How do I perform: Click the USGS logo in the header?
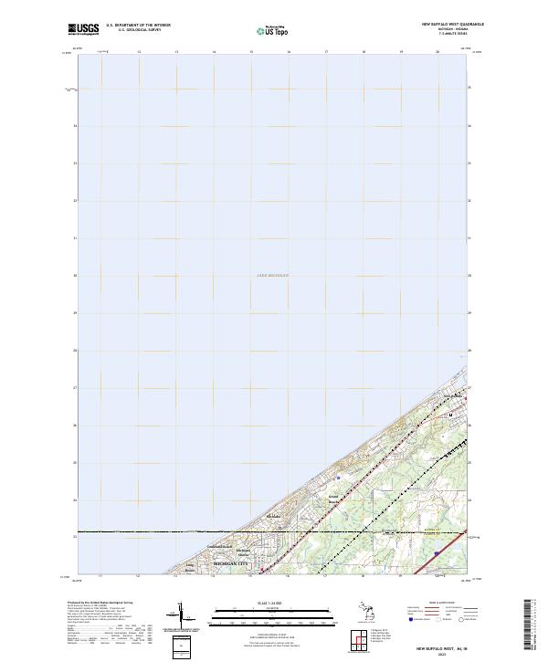pos(83,29)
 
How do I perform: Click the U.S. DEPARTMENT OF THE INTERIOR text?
pos(138,25)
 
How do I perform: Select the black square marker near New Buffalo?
pos(451,415)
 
